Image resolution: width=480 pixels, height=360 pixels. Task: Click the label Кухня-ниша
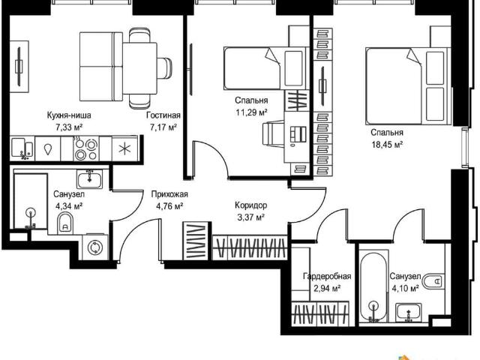[69, 115]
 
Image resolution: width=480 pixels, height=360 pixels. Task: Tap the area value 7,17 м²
[163, 127]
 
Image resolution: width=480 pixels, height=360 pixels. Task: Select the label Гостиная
[163, 115]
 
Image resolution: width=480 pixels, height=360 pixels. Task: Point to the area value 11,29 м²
[251, 112]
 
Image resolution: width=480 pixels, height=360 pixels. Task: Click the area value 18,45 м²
[387, 145]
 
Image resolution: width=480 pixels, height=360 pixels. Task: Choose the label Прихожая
[169, 194]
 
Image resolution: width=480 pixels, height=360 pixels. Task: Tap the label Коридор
[251, 205]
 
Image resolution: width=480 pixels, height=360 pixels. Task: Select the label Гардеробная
[327, 277]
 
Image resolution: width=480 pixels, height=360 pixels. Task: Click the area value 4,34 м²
[69, 206]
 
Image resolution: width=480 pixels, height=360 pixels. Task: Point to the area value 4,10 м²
[405, 288]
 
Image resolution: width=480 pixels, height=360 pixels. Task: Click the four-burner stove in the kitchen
[86, 148]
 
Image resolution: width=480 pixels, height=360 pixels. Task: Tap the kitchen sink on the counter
[22, 148]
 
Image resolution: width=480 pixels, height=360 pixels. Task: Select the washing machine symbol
[95, 247]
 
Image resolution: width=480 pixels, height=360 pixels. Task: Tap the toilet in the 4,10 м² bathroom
[433, 280]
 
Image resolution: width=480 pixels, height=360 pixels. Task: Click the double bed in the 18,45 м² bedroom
[408, 85]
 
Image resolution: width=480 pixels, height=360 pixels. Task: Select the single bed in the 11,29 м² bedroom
[265, 68]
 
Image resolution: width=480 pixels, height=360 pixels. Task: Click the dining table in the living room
[140, 68]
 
